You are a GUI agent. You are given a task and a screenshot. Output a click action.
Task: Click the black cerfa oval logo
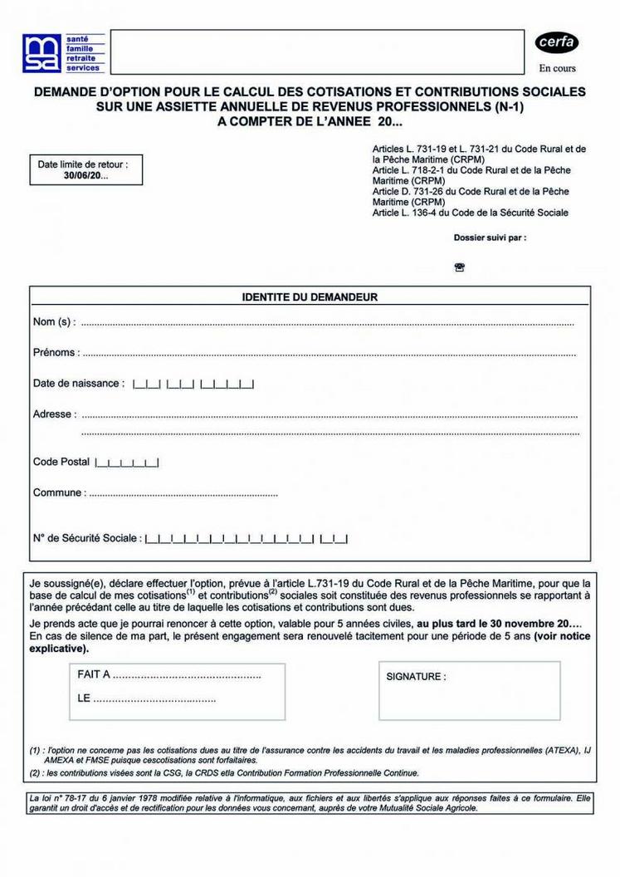click(x=556, y=42)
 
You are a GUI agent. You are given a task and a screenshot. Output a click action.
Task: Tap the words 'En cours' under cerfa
click(x=557, y=68)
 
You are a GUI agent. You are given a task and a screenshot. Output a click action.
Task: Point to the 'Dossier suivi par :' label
click(x=490, y=238)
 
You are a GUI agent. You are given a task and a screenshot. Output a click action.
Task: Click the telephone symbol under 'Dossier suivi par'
click(x=460, y=267)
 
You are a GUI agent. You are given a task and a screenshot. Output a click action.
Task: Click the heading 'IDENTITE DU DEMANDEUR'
click(x=310, y=296)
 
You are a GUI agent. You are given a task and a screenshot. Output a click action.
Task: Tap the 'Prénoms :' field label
click(x=56, y=353)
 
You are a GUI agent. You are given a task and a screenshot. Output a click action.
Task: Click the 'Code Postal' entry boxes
click(x=127, y=463)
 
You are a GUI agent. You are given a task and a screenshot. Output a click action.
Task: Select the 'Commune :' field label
click(x=58, y=493)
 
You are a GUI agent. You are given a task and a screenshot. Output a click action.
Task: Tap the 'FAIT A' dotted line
click(x=187, y=675)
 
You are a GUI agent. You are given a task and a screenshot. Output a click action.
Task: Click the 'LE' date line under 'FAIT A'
click(x=154, y=698)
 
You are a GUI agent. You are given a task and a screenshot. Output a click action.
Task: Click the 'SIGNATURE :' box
click(x=479, y=691)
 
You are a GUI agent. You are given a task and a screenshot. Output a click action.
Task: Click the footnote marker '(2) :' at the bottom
click(x=37, y=772)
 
